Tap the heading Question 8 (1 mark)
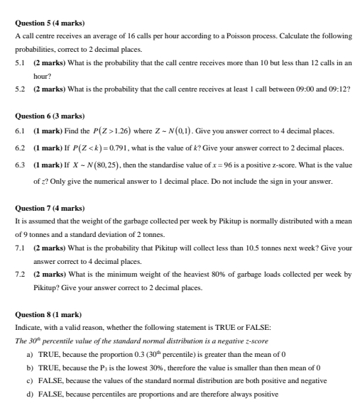pyautogui.click(x=48, y=314)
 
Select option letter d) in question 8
pyautogui.click(x=29, y=393)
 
